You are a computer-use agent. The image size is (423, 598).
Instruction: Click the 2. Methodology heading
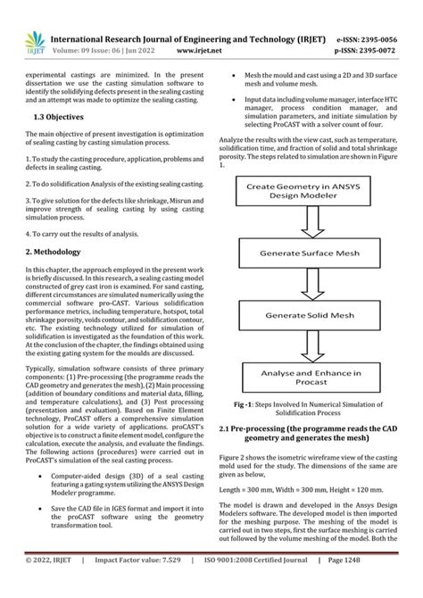(54, 252)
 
